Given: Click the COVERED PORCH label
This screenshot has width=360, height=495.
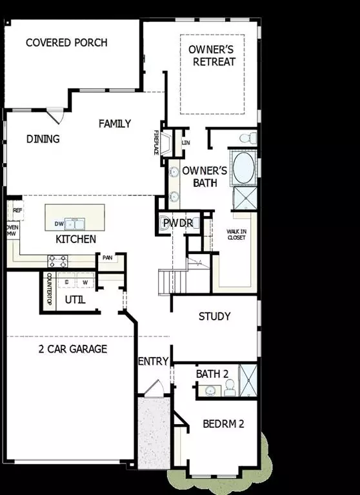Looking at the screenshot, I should tap(66, 43).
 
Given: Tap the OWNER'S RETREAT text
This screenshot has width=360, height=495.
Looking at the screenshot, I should tap(212, 55).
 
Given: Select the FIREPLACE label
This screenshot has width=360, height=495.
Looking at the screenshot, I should tap(156, 142).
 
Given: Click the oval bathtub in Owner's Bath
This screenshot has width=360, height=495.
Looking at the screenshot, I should tap(243, 169).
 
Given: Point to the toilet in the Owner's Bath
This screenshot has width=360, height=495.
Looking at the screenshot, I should tap(246, 137).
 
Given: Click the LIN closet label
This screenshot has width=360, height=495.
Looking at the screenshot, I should tap(186, 142).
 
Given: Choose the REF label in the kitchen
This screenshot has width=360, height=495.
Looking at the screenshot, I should tap(17, 210).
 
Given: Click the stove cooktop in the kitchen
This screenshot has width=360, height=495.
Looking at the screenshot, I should tap(57, 261).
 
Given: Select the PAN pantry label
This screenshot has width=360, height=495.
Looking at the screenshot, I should tap(107, 258).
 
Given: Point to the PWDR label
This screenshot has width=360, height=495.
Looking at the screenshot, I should tap(175, 223).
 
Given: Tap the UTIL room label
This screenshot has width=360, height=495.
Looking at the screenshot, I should tap(75, 300).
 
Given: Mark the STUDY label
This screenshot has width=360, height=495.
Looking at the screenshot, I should tap(214, 316).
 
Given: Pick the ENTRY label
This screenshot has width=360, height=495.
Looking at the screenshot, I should tap(154, 361).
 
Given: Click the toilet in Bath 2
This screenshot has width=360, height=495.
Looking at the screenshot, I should tap(229, 387).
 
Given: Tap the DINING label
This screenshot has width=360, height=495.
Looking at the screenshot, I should tap(43, 139).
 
